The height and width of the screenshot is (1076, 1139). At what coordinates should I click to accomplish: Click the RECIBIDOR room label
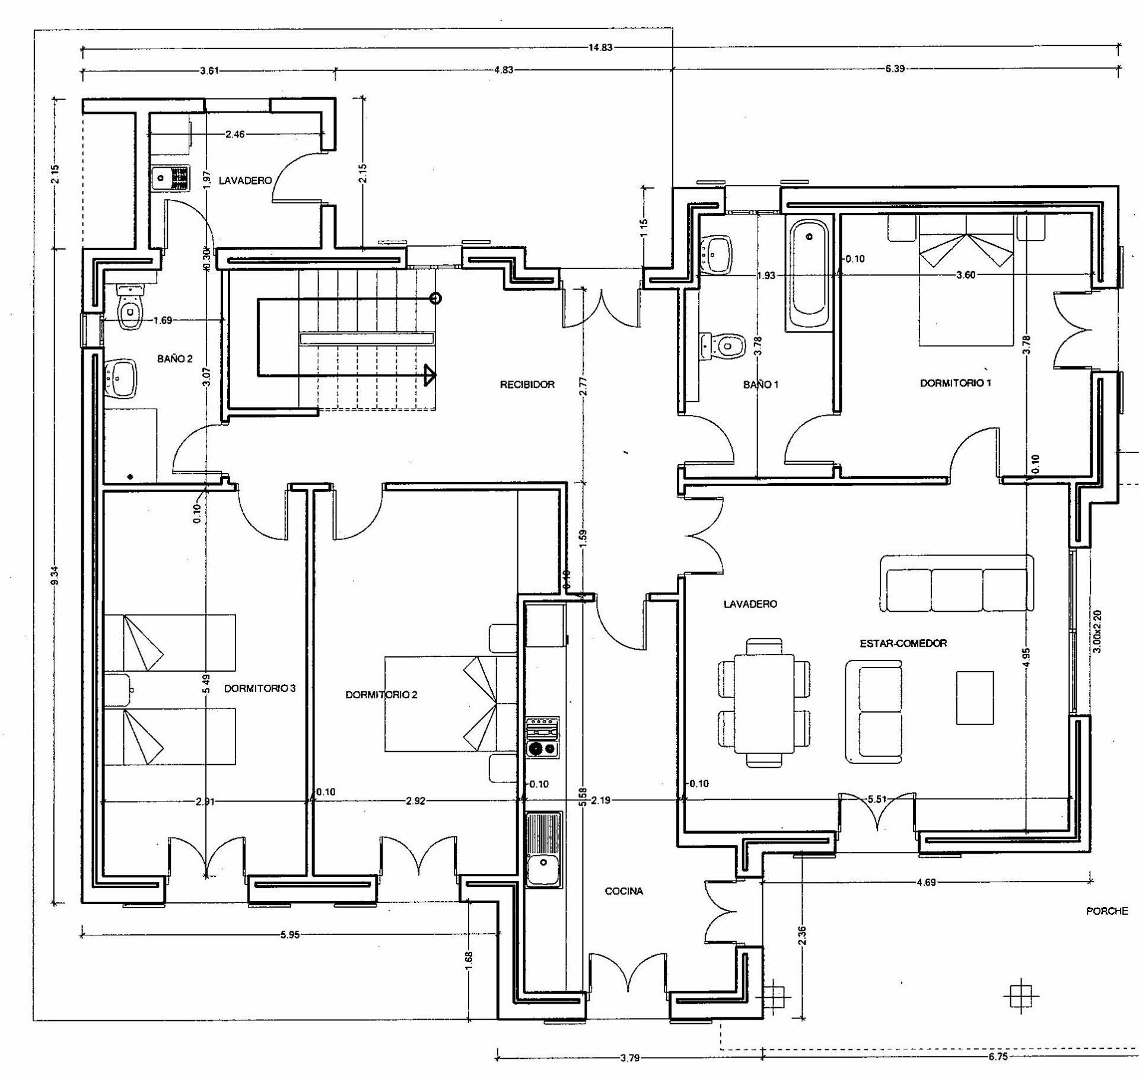527,384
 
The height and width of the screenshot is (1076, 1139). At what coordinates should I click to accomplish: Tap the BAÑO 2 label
174,359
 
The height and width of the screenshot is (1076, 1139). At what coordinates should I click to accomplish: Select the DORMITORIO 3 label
260,688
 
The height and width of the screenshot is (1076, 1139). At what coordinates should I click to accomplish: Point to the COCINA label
623,891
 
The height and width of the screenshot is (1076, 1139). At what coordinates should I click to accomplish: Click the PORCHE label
1106,911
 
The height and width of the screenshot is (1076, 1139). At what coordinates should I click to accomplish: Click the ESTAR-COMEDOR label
903,643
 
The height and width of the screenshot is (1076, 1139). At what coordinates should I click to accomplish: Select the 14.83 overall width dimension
600,48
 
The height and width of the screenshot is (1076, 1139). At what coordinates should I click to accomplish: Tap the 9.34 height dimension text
55,575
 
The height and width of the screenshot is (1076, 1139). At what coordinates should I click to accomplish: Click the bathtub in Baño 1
809,274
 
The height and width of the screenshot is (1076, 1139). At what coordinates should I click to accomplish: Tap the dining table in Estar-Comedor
764,703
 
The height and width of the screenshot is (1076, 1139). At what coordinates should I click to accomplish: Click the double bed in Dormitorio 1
965,279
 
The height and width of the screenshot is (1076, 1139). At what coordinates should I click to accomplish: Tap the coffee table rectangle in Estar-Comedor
975,698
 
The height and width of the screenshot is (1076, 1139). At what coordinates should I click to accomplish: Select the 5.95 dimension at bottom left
289,935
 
